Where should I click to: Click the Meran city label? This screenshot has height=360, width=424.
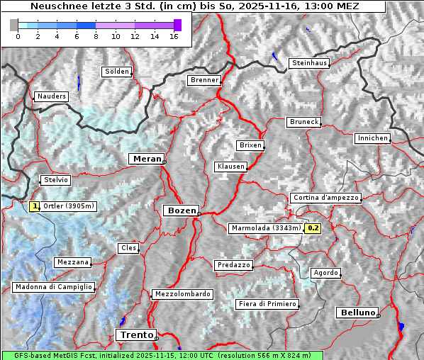tap(147, 159)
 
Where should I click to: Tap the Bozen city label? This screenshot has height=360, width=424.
tap(180, 210)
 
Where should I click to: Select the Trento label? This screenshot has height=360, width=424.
tap(135, 334)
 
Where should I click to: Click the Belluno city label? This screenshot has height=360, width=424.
tap(357, 312)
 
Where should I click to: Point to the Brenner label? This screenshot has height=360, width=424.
tap(204, 80)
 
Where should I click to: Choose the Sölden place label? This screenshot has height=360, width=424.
tap(117, 72)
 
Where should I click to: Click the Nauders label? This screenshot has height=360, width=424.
tap(51, 96)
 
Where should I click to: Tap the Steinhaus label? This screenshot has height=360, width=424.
tap(310, 63)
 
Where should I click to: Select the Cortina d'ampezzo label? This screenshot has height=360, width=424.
tap(325, 198)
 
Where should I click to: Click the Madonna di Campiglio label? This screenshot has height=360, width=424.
tap(53, 287)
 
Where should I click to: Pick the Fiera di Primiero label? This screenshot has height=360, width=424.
tap(267, 304)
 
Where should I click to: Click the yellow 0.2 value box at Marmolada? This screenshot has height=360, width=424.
tap(313, 228)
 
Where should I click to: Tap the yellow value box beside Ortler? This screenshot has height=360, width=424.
tap(34, 206)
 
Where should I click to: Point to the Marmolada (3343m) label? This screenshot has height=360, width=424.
tap(266, 228)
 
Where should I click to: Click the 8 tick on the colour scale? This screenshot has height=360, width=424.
tap(96, 35)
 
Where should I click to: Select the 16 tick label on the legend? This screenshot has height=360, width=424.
tap(174, 35)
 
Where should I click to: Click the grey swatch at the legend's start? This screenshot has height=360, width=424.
tap(14, 25)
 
